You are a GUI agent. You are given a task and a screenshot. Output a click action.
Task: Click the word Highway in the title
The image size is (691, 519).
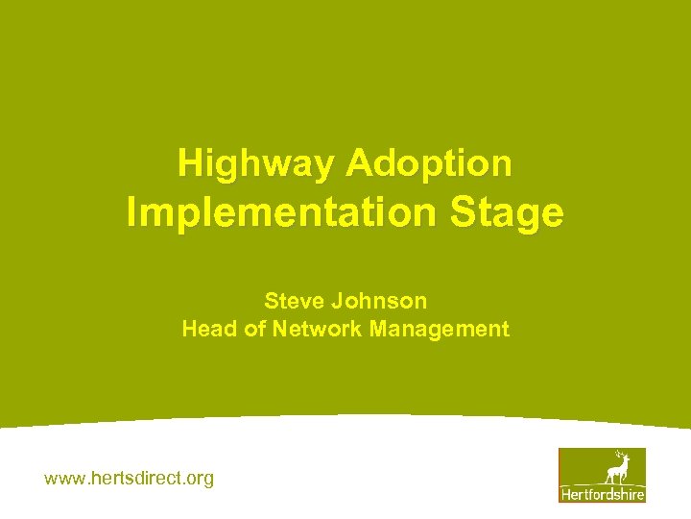tap(256, 163)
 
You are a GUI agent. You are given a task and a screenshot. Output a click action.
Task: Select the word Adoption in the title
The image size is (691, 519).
tap(429, 163)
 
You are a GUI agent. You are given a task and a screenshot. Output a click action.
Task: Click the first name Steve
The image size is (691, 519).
tap(294, 301)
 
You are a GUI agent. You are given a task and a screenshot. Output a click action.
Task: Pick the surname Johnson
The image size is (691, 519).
tap(379, 301)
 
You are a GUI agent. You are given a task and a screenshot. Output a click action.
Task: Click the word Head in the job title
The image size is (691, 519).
tap(205, 329)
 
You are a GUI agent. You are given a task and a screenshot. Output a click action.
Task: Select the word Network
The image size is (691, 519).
tap(316, 329)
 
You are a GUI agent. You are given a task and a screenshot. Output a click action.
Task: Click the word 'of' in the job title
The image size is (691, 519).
tap(250, 329)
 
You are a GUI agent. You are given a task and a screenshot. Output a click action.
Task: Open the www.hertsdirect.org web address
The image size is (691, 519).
tap(130, 478)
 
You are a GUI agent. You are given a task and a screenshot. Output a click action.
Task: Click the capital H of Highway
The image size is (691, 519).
tap(189, 163)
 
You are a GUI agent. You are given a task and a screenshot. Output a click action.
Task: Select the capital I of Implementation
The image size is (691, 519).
tap(132, 212)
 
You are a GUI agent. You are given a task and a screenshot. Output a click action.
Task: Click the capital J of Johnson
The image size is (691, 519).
tap(338, 301)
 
